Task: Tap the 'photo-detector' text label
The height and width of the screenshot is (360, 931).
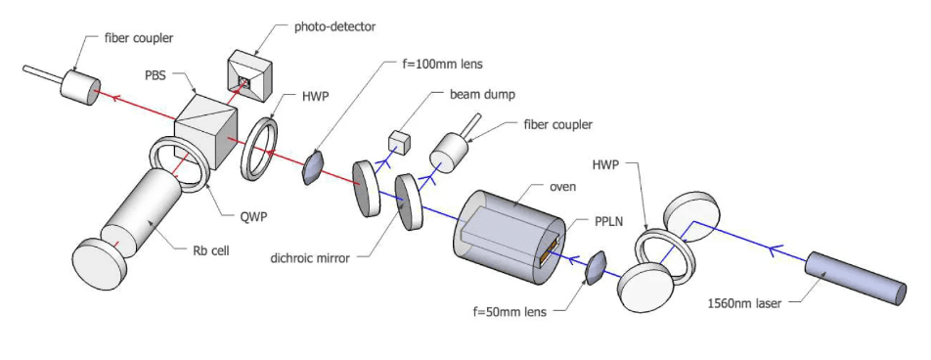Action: tap(335, 26)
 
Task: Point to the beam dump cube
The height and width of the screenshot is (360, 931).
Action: tap(397, 143)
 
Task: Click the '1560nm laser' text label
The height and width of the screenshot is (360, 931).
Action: tap(744, 303)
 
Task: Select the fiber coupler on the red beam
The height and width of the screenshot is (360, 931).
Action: tap(79, 87)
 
